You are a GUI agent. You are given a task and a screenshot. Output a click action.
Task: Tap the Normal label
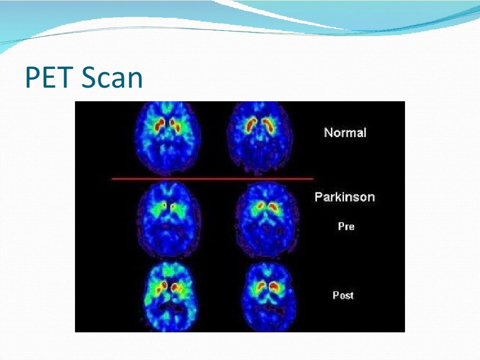(345, 133)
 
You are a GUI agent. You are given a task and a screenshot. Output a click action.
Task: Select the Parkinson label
(345, 197)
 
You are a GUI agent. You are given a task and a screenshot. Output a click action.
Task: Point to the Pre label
(346, 226)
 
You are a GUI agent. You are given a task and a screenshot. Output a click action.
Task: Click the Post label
(343, 295)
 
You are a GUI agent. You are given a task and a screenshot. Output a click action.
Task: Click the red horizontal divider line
(212, 179)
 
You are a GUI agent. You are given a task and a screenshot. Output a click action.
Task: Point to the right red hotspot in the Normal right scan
(269, 125)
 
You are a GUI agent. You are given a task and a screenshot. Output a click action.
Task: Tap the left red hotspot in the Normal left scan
(160, 124)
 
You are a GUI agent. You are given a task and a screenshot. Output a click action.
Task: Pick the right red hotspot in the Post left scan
(176, 285)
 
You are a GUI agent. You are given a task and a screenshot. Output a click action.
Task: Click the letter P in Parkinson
(318, 197)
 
